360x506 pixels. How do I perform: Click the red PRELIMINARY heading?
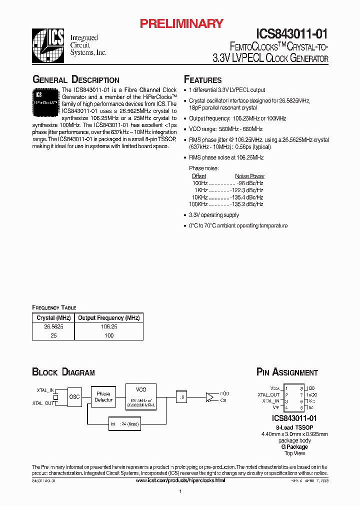181,23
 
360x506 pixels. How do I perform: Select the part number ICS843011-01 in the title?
292,34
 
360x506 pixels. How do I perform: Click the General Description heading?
75,80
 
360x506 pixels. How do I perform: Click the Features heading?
202,80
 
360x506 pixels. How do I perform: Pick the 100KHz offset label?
198,204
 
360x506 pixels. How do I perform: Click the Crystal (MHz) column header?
53,317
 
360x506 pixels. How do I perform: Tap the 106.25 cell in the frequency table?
108,326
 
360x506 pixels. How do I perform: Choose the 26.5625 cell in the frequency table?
53,326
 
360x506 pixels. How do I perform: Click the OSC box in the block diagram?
74,397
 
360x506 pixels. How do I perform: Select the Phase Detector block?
103,397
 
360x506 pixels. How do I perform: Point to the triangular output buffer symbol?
210,397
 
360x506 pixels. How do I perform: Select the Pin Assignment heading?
286,372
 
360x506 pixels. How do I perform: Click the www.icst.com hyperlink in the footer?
180,480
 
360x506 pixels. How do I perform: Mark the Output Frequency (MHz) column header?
108,317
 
